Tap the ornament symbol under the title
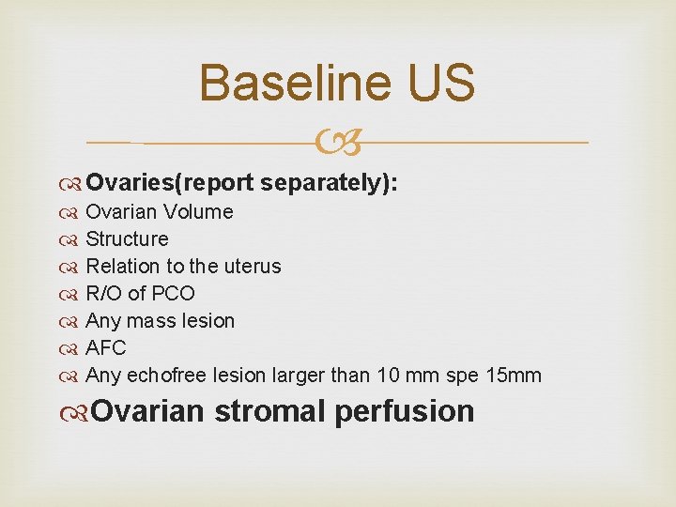coord(338,144)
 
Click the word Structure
coord(127,239)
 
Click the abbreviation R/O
coord(105,294)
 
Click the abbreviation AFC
coord(106,348)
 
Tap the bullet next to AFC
coord(73,348)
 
